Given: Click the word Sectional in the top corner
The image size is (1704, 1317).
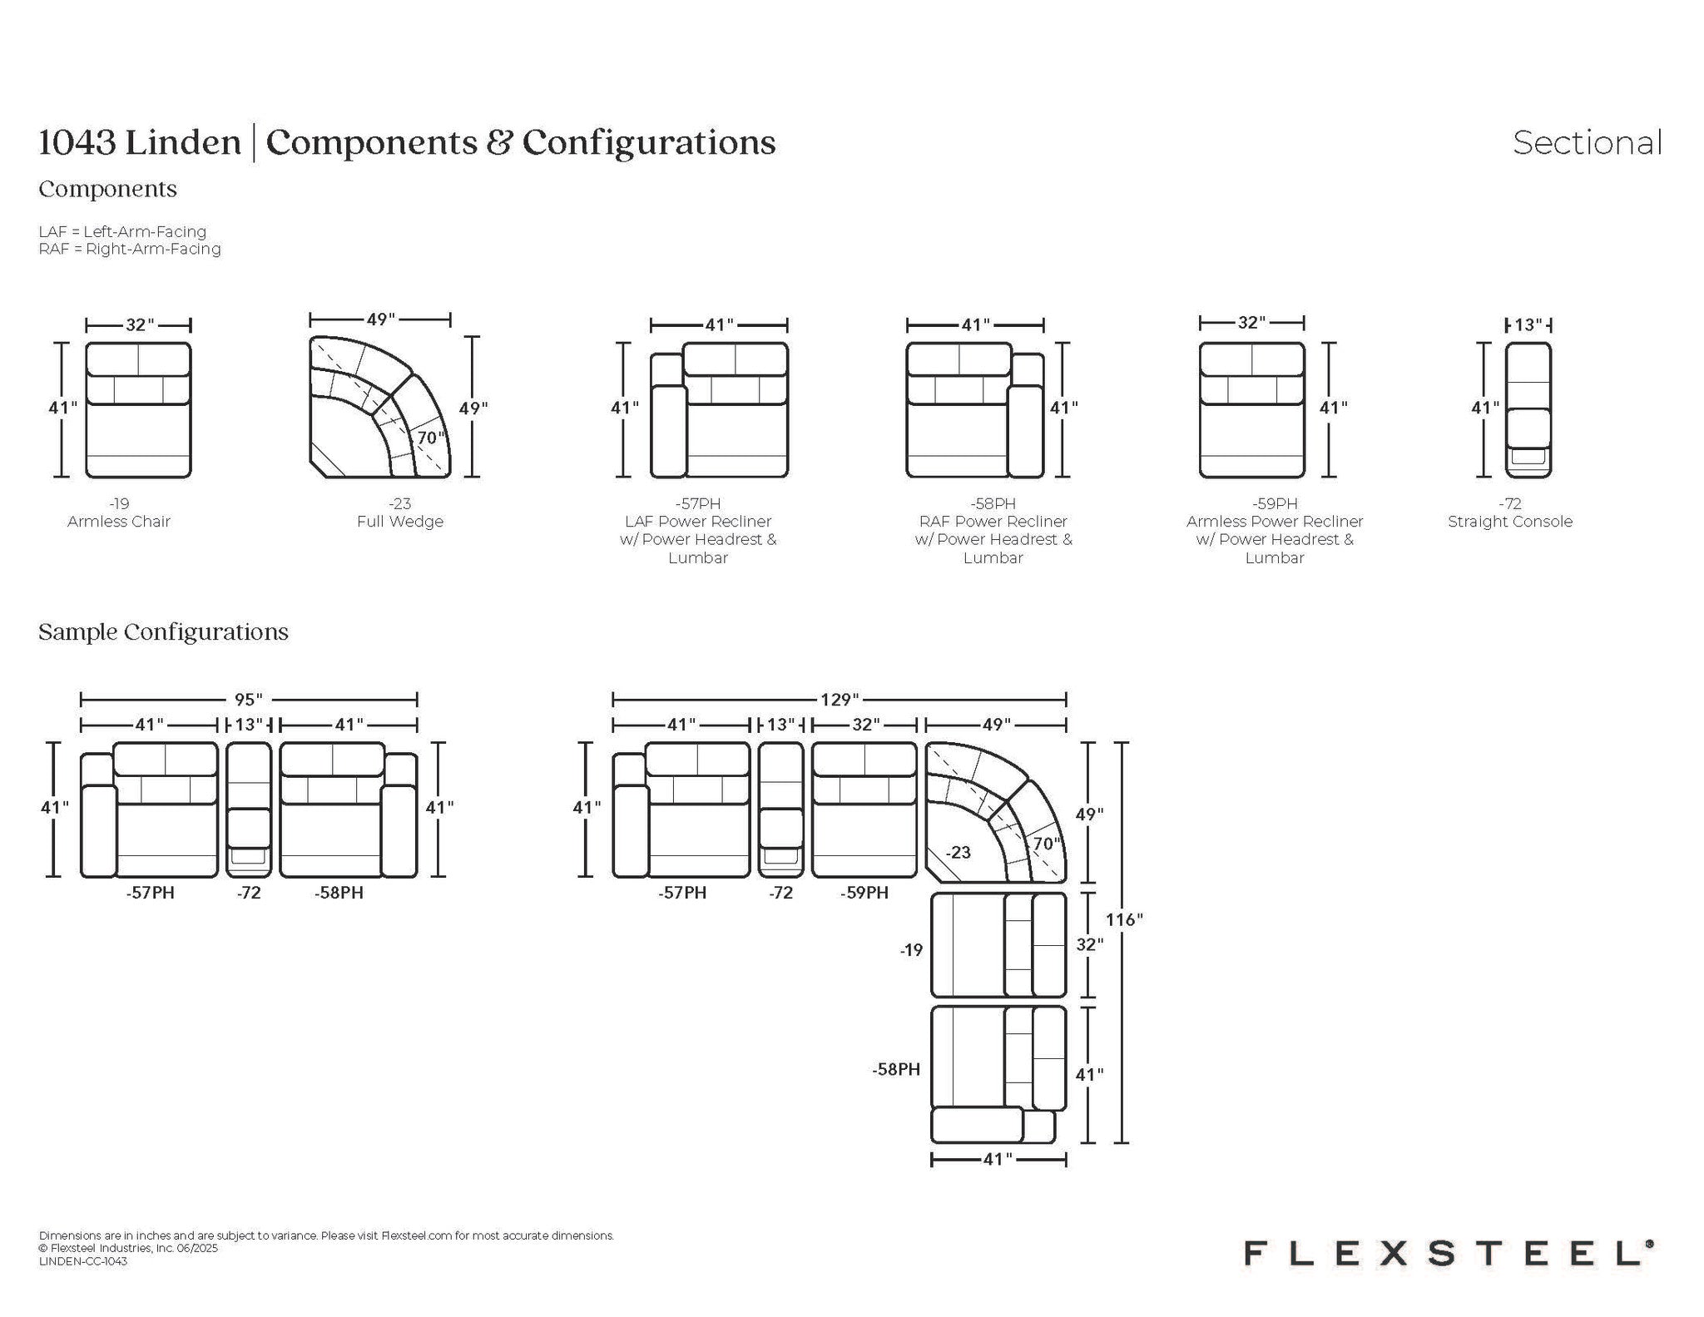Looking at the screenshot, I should point(1587,143).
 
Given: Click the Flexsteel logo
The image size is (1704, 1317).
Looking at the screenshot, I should point(1449,1254).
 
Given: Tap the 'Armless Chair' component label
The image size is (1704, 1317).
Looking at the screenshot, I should point(119,522).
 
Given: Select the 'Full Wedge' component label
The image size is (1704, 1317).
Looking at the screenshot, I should point(400,522).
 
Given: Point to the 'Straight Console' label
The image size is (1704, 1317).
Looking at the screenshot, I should point(1510,522).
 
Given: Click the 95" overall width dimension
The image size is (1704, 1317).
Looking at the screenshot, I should point(249,700).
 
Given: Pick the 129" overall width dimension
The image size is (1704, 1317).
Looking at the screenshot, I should point(839,700).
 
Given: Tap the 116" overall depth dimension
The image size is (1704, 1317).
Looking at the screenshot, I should point(1123,919).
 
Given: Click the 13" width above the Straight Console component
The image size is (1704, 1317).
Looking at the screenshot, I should point(1528,324).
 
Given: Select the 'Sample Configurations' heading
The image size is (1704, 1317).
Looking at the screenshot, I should point(163,632).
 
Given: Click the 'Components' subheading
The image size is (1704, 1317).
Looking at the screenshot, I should point(107,190).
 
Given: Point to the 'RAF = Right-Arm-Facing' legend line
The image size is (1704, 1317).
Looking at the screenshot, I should point(130,249).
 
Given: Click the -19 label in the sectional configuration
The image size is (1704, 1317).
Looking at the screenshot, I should point(911,950).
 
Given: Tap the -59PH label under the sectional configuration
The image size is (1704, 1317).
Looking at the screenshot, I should point(864,893).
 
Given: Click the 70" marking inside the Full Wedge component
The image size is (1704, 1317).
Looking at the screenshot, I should point(430,438).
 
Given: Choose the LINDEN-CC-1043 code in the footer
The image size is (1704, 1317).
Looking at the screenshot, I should point(83,1261).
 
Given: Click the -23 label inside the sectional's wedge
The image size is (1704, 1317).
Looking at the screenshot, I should point(958,853).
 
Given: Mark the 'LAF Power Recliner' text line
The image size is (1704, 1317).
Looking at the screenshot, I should point(698,522).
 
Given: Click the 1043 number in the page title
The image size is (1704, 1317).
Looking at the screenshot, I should point(77,143).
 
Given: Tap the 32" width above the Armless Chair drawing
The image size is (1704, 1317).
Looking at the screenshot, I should point(140,324).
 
